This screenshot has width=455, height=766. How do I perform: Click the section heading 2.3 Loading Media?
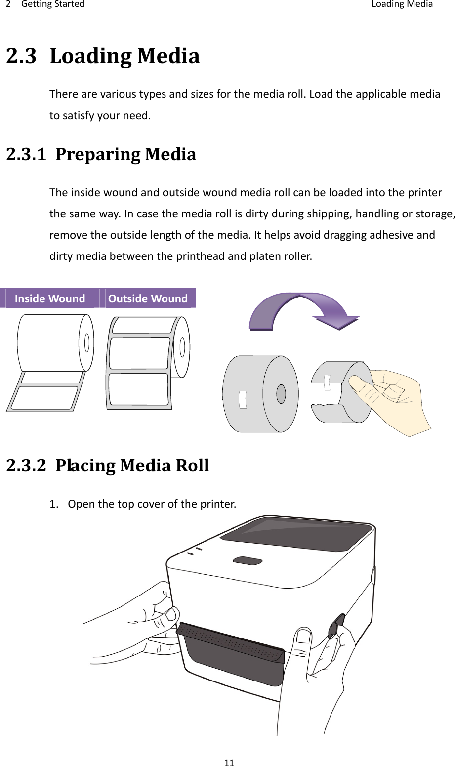103,57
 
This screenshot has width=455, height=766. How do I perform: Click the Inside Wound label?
50,298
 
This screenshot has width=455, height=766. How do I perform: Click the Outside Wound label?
148,298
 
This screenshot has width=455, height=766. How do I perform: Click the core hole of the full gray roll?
281,394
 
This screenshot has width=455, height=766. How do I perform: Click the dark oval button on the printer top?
248,561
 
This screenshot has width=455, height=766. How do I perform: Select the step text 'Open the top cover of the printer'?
152,505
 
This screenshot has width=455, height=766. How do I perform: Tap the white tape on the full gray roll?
242,399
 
